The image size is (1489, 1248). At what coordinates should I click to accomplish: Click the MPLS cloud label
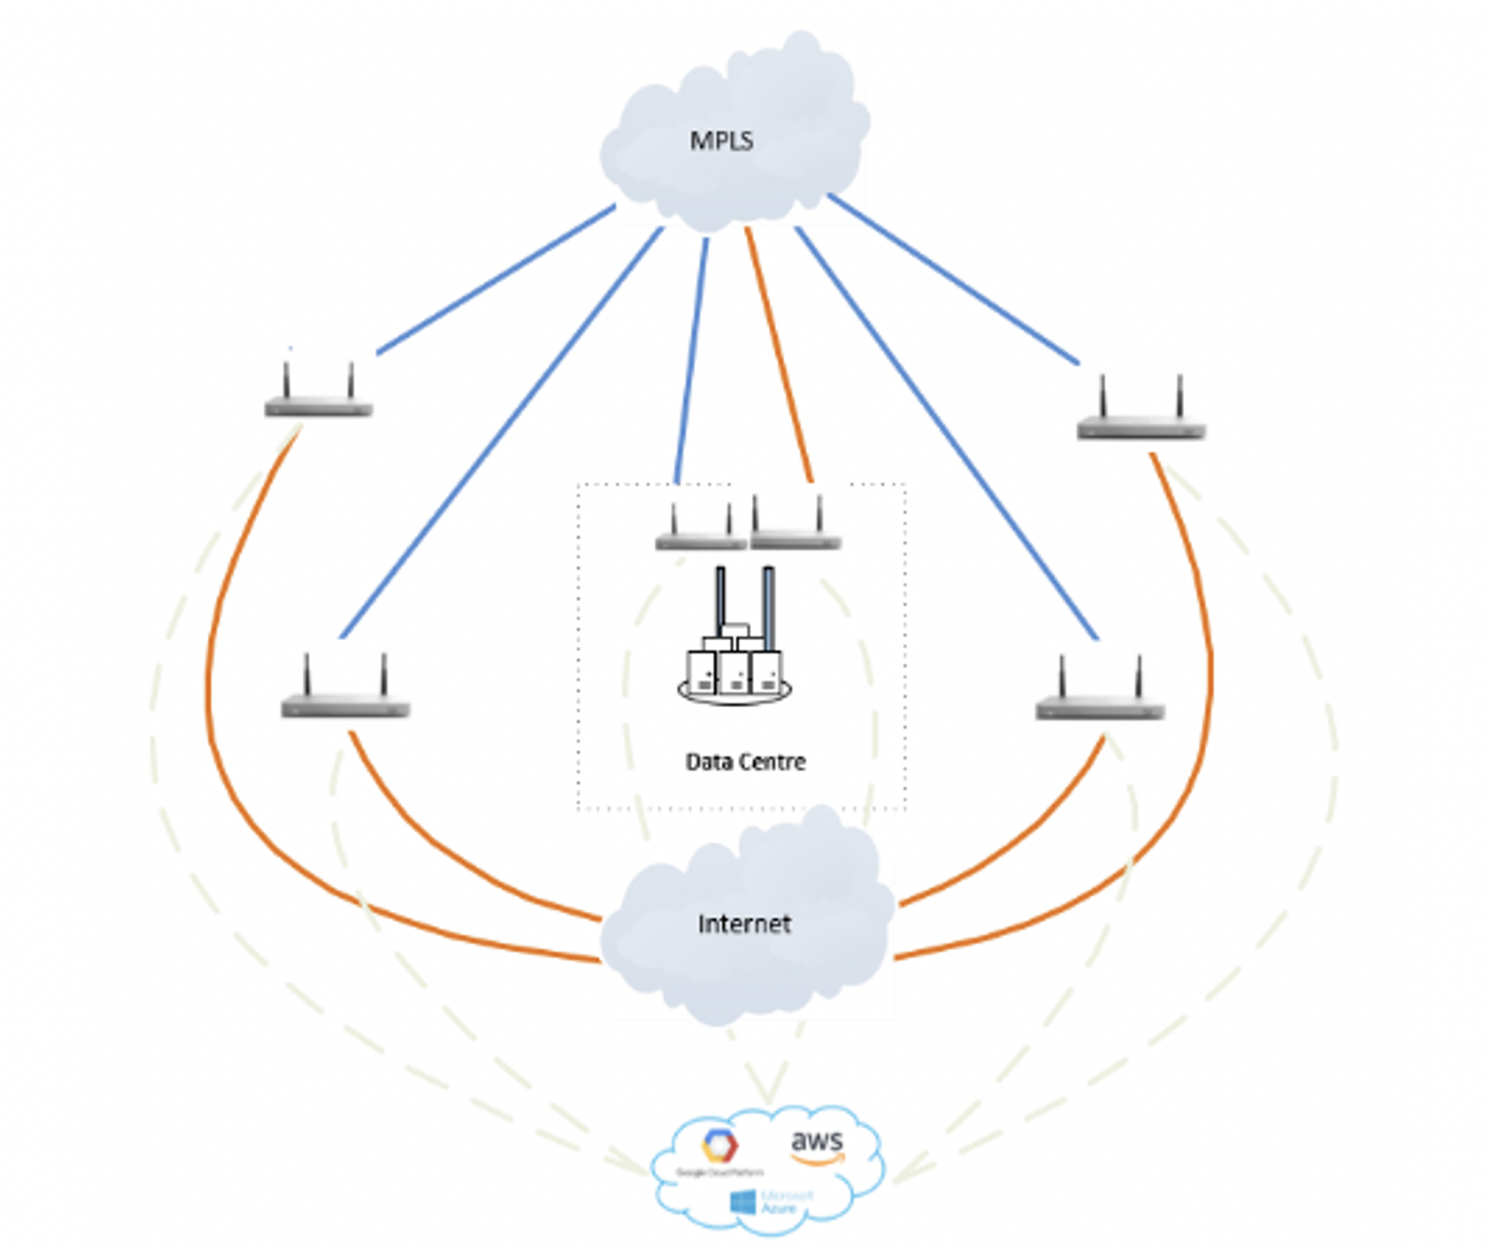tap(721, 140)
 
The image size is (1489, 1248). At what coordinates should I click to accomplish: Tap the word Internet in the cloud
tap(744, 924)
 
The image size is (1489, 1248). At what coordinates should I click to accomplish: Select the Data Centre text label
tap(745, 761)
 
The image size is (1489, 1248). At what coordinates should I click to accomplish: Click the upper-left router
tap(318, 396)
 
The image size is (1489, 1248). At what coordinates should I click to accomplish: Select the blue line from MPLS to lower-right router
tap(945, 433)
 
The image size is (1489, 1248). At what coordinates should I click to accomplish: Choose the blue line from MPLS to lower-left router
tap(502, 433)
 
